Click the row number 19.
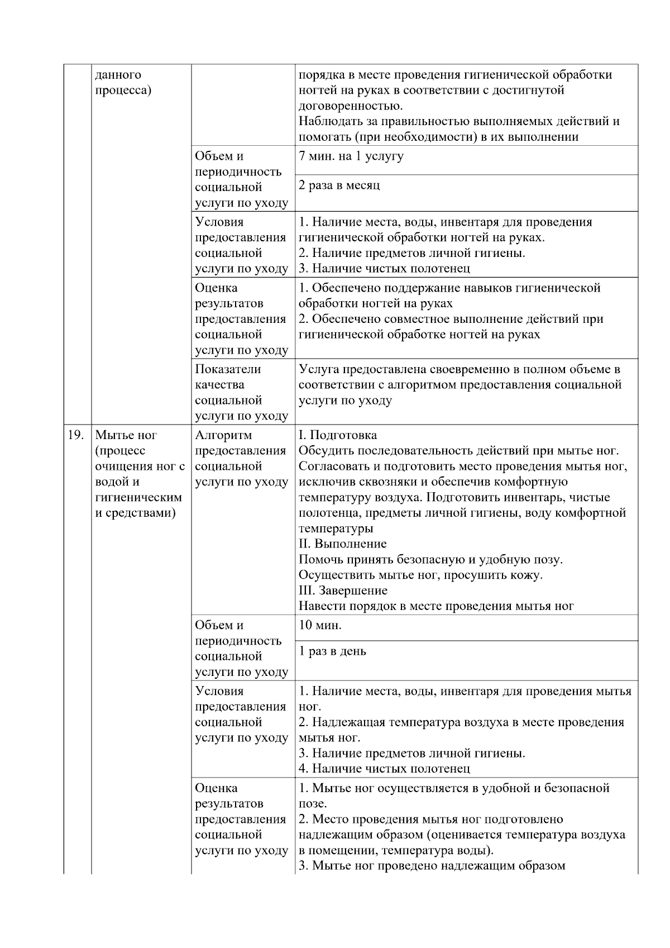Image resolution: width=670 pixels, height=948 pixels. [75, 435]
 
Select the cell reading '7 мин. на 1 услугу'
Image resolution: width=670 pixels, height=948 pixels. [351, 156]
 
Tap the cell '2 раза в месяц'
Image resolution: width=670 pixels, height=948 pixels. [339, 185]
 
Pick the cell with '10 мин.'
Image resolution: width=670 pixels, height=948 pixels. [319, 625]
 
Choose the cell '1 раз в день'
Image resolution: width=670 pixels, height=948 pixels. [332, 651]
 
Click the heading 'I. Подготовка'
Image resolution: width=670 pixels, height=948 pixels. [337, 435]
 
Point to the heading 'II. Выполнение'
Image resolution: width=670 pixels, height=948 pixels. [342, 544]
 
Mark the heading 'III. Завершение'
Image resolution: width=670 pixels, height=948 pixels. [343, 590]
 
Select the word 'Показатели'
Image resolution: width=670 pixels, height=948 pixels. [228, 369]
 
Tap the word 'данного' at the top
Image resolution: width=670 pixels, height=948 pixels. [118, 75]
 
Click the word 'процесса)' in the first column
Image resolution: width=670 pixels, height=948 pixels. [123, 90]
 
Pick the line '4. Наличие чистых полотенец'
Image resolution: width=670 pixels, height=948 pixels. [384, 769]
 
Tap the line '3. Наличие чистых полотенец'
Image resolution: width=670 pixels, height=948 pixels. [384, 269]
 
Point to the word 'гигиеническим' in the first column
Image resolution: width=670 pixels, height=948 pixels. [139, 497]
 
